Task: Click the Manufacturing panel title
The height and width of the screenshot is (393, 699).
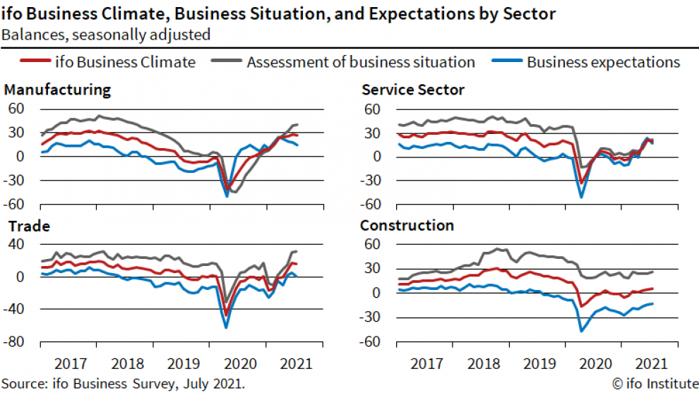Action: pyautogui.click(x=57, y=90)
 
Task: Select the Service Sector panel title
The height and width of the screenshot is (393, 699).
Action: pyautogui.click(x=413, y=90)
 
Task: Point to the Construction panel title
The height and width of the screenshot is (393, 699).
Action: pyautogui.click(x=407, y=226)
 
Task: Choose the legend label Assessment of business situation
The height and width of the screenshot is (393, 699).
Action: pyautogui.click(x=361, y=62)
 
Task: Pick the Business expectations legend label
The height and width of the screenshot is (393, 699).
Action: pyautogui.click(x=603, y=62)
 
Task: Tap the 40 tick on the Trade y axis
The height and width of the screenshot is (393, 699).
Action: pyautogui.click(x=18, y=244)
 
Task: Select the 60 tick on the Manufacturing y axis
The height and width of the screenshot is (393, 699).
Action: pyautogui.click(x=18, y=109)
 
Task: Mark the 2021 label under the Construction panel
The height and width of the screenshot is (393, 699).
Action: pyautogui.click(x=650, y=364)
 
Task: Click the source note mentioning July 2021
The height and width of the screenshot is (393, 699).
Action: pyautogui.click(x=124, y=384)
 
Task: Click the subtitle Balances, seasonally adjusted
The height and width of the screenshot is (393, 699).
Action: pyautogui.click(x=105, y=34)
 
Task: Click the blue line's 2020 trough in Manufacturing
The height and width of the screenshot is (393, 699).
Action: pyautogui.click(x=227, y=196)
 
